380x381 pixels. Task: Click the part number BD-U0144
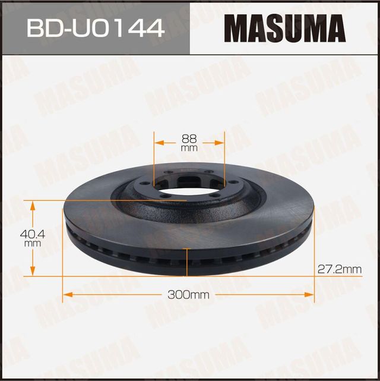point(94,28)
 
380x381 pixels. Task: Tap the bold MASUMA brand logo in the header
point(285,27)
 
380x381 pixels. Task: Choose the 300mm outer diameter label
point(189,294)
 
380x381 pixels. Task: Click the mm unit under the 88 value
point(189,149)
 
